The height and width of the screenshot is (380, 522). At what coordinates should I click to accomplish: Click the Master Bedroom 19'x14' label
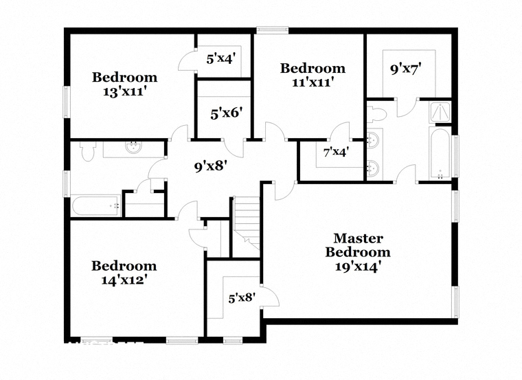pos(358,252)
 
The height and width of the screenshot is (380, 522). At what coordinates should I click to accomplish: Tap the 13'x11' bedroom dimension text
pos(125,91)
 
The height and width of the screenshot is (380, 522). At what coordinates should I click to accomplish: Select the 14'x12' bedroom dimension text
pos(124,280)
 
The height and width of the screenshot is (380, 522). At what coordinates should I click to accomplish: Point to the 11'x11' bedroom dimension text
pos(313,82)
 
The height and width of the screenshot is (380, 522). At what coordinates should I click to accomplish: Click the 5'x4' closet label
pos(221,59)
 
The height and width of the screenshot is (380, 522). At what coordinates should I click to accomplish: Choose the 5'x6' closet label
pos(226,114)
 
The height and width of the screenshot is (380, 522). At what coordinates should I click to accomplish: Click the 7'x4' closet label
pos(337,152)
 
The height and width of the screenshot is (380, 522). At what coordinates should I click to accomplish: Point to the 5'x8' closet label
pos(242,298)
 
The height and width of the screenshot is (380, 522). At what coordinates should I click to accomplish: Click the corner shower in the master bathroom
pos(440,112)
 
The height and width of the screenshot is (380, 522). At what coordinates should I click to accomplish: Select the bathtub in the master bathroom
pos(440,153)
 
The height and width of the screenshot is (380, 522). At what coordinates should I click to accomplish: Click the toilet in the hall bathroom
pos(88,151)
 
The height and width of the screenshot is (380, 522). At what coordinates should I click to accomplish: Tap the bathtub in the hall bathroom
pos(96,206)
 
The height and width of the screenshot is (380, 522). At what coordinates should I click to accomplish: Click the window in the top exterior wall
pos(272,30)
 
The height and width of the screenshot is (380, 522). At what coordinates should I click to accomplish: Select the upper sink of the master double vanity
pos(374,139)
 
